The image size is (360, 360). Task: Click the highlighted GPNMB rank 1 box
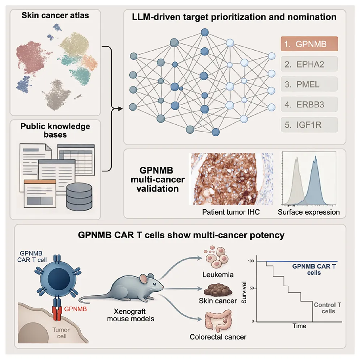point(309,44)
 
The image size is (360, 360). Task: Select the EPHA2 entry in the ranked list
point(309,64)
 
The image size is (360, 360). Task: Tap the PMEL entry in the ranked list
point(309,84)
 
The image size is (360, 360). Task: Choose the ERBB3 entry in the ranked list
point(309,104)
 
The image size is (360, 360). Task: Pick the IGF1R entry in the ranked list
point(309,125)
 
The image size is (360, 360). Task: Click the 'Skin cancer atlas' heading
point(55,16)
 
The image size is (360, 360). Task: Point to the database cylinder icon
point(79,197)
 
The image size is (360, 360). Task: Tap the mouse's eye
point(155,284)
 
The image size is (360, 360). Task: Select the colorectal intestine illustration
point(218,321)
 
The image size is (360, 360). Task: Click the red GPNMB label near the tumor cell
point(75,309)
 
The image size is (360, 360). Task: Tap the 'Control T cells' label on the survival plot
point(327,308)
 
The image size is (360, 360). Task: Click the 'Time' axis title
point(299,326)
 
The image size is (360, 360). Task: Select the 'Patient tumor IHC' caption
point(231,212)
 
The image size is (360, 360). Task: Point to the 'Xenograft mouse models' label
point(130,315)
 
